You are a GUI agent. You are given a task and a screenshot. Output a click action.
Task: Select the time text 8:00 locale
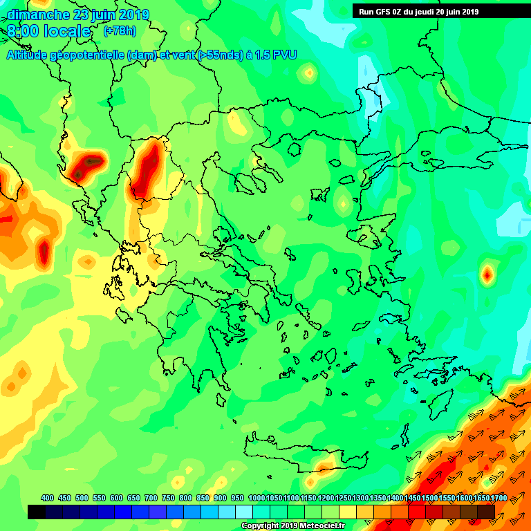(x=49, y=31)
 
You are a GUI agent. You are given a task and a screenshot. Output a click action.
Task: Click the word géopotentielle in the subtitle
(x=87, y=55)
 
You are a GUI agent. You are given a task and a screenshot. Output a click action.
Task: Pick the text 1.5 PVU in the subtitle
(x=276, y=55)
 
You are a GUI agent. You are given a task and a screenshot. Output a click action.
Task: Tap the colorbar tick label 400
(x=47, y=498)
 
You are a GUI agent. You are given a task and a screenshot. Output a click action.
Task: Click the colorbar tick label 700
(x=151, y=498)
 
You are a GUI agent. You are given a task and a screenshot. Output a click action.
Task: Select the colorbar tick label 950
(x=237, y=498)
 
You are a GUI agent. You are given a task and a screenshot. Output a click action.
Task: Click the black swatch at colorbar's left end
(x=37, y=512)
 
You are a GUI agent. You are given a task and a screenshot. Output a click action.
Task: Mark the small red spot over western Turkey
(x=487, y=275)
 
